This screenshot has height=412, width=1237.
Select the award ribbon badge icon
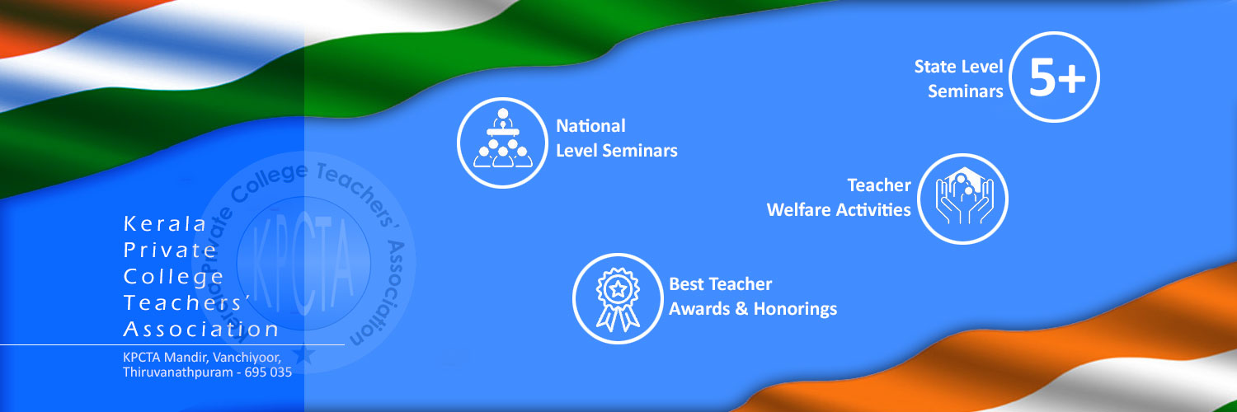coord(618,299)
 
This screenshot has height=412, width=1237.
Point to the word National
coord(591,126)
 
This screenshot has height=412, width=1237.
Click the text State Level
coord(958,67)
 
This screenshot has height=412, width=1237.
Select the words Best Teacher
coord(720,284)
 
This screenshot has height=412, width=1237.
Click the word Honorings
coord(795,309)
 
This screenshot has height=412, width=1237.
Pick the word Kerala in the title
coord(165,224)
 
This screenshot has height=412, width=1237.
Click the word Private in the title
coord(169,250)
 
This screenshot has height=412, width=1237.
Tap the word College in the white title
coord(173,277)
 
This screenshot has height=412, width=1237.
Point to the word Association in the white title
coord(200,330)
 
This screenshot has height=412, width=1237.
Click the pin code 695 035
coord(268,372)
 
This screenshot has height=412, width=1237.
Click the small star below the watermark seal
coord(303,354)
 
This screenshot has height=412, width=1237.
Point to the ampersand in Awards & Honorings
coord(741,309)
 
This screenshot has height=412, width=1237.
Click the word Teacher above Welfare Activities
coord(878,185)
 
